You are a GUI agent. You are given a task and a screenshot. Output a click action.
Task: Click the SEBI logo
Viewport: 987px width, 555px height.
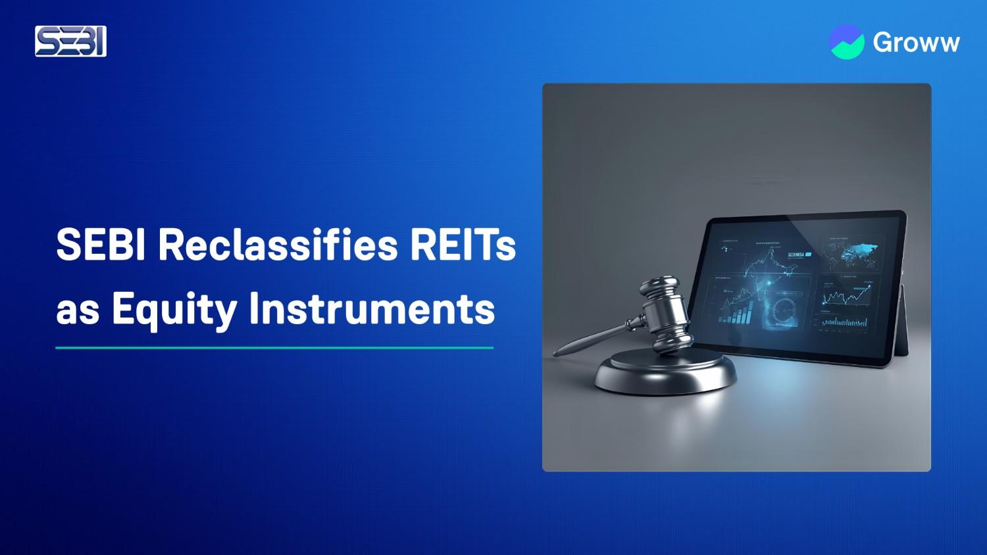(70, 41)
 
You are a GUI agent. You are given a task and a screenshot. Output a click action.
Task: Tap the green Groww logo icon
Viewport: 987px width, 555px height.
(847, 41)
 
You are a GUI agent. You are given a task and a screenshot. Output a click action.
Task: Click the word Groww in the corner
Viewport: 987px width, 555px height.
(916, 43)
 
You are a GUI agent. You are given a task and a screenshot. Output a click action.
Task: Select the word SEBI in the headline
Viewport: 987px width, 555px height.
(101, 246)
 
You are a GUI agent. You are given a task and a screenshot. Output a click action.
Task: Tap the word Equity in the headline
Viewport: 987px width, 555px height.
(174, 309)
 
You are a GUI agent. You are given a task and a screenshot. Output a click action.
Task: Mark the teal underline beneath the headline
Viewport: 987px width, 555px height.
(274, 347)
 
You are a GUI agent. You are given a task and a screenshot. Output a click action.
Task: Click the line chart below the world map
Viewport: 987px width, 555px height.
(846, 295)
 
